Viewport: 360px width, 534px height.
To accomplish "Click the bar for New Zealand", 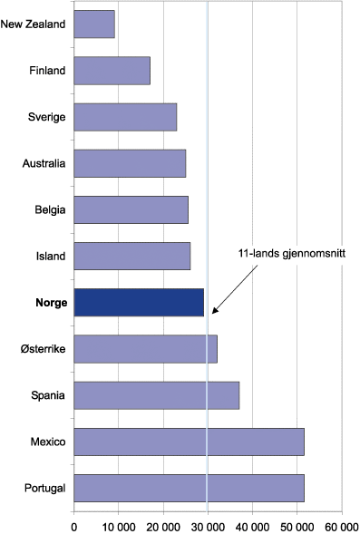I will point(94,24).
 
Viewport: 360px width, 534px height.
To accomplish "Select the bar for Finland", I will point(112,71).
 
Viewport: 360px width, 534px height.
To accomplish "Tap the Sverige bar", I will point(125,117).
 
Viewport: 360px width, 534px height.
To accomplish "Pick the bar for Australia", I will point(130,163).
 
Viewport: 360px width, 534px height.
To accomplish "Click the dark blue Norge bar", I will point(139,302).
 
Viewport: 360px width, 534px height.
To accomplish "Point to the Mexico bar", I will point(189,442).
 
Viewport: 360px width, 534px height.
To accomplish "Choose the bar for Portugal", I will point(189,488).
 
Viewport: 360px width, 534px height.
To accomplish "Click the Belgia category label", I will point(49,210).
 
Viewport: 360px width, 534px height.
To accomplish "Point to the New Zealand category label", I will point(34,24).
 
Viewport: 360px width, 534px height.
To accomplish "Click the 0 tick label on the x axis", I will point(73,523).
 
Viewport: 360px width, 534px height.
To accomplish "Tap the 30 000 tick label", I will point(208,523).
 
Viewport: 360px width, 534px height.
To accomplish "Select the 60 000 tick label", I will point(341,523).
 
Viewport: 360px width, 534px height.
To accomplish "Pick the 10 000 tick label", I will point(118,523).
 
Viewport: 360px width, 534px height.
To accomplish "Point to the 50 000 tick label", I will point(297,523).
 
